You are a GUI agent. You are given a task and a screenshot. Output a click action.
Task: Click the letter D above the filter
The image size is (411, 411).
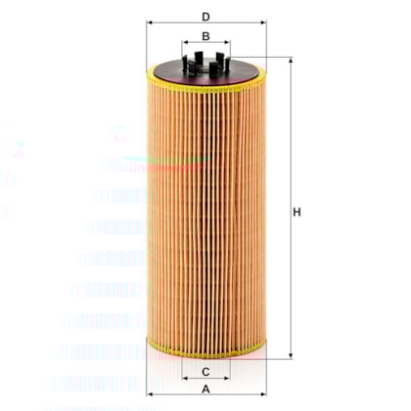205,17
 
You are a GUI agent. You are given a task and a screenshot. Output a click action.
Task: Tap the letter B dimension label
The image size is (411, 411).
205,36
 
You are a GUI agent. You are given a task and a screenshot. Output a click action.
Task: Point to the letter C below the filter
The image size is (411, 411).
205,372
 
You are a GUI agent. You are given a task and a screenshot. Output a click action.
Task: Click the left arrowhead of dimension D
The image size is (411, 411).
150,25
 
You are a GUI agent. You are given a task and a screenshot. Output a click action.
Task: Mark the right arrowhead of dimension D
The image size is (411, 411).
261,25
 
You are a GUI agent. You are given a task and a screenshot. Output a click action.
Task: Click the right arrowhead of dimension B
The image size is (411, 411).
227,44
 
